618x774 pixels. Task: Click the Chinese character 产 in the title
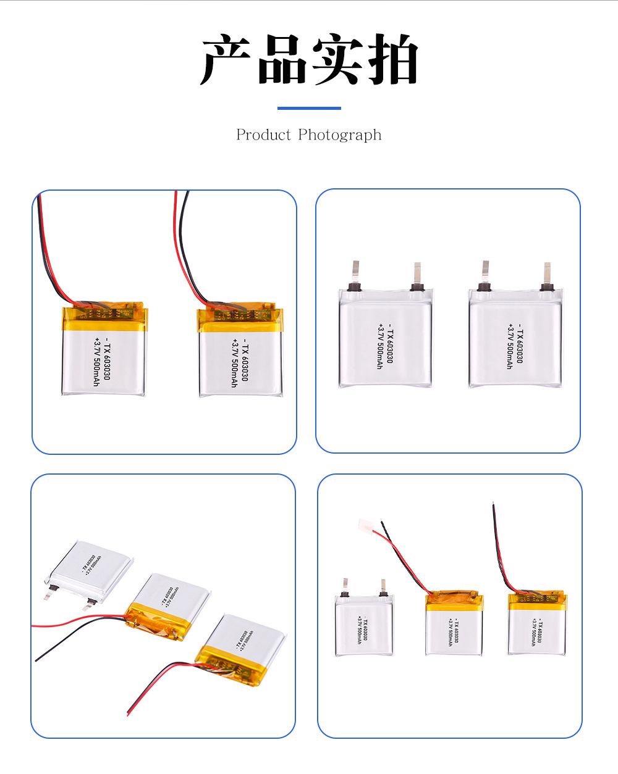pyautogui.click(x=226, y=60)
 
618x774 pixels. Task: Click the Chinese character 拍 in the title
pyautogui.click(x=392, y=60)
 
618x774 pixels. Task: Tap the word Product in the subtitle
pyautogui.click(x=263, y=135)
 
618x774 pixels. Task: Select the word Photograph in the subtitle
pyautogui.click(x=339, y=135)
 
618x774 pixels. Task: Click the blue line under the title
pyautogui.click(x=309, y=109)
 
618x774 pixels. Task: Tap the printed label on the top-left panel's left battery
pyautogui.click(x=101, y=362)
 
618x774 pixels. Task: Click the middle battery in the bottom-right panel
pyautogui.click(x=454, y=627)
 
